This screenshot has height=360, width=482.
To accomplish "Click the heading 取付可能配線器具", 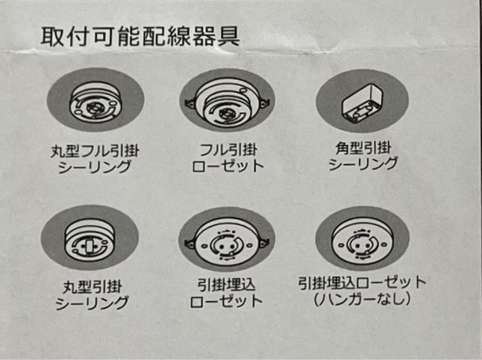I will pyautogui.click(x=140, y=37).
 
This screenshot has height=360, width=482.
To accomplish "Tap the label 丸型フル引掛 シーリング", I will pyautogui.click(x=95, y=159).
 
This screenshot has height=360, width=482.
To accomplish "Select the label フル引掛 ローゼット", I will pyautogui.click(x=228, y=158).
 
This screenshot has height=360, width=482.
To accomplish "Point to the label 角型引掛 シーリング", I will pyautogui.click(x=362, y=156).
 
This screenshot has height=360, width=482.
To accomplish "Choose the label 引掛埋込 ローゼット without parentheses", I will pyautogui.click(x=226, y=293).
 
